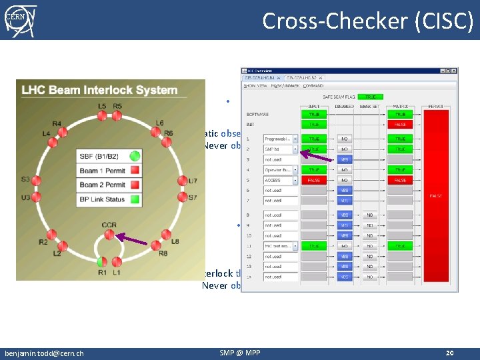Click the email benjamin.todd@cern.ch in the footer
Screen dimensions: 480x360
point(44,352)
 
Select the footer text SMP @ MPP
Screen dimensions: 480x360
point(239,352)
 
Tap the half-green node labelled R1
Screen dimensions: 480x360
point(102,261)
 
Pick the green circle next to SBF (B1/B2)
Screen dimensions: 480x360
point(135,156)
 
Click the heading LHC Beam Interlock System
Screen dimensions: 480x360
point(99,90)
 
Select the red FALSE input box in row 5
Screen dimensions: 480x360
point(314,180)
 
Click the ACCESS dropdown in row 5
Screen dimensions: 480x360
point(280,180)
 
